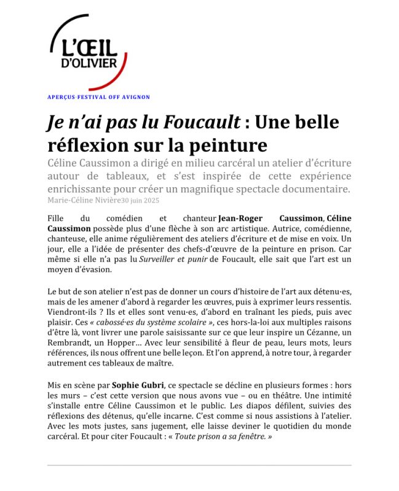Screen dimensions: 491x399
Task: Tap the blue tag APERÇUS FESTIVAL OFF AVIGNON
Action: coord(98,97)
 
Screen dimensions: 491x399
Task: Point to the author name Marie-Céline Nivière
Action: coord(84,200)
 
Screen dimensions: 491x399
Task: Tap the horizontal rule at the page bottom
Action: coord(199,465)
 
